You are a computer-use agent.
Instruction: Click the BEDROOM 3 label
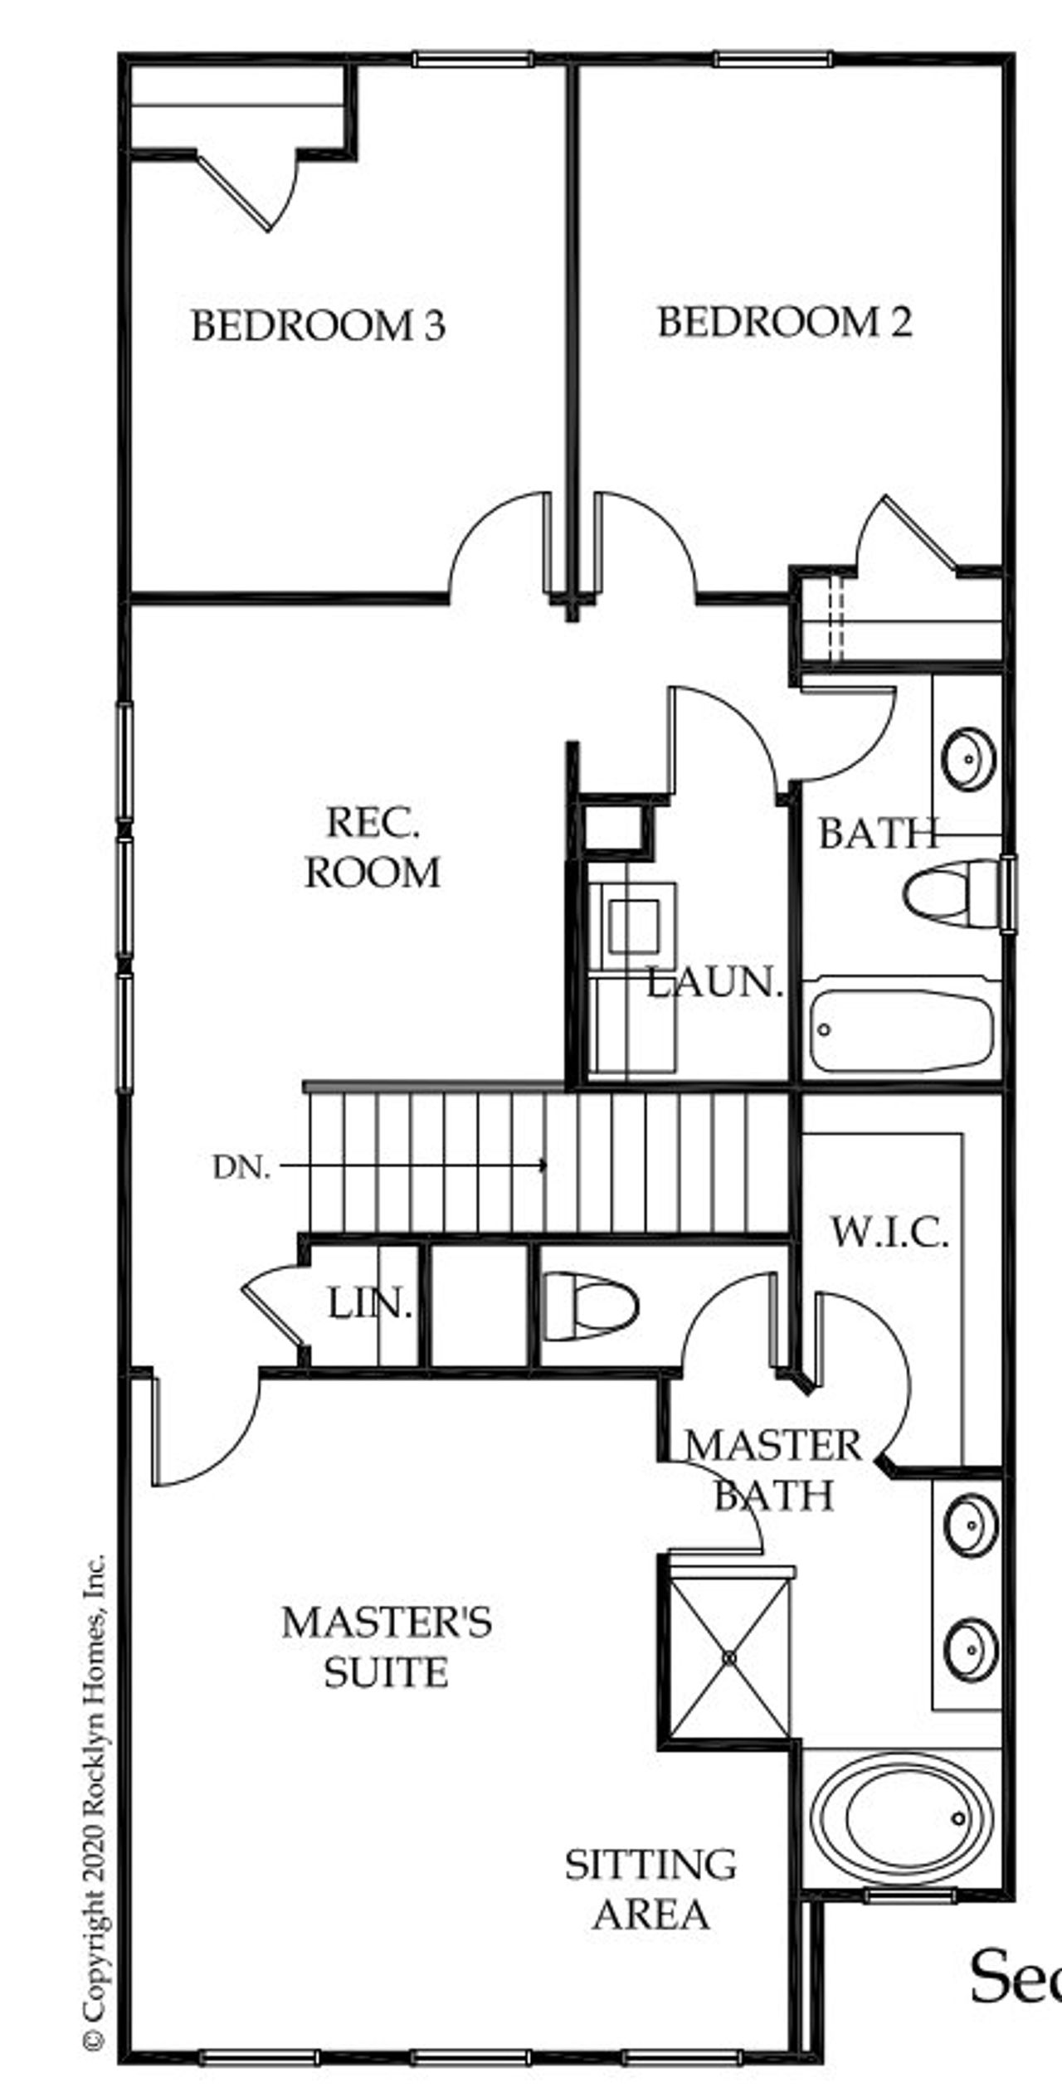[x=319, y=325]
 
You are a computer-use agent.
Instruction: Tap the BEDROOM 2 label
[x=784, y=322]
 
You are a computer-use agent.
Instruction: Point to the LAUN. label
[x=715, y=983]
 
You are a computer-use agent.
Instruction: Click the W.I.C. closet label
[x=889, y=1233]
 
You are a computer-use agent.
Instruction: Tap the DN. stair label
[x=241, y=1168]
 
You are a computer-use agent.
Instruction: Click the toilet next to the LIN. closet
[x=590, y=1306]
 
